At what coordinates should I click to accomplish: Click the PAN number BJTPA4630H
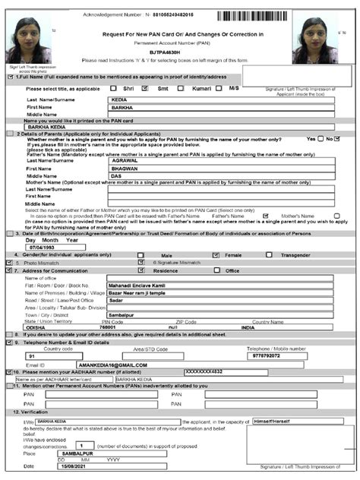click(179, 52)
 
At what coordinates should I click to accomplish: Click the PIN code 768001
click(112, 328)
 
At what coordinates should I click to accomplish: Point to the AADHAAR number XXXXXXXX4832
click(205, 371)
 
